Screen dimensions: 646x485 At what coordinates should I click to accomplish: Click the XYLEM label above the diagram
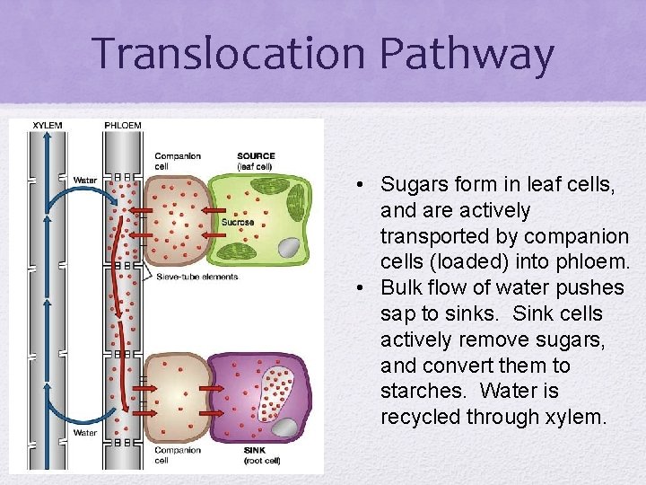click(x=48, y=125)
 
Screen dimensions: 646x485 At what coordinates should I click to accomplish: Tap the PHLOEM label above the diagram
click(x=123, y=125)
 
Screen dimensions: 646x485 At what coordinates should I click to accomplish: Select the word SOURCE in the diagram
click(x=257, y=155)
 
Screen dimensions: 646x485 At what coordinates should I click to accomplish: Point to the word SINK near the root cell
click(x=256, y=449)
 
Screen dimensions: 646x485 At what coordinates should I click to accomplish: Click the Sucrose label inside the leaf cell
click(x=238, y=222)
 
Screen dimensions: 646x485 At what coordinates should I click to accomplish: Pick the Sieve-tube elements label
click(x=196, y=277)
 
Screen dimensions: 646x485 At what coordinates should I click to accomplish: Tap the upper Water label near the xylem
click(x=85, y=180)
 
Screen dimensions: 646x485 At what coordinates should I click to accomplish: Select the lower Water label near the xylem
click(x=85, y=433)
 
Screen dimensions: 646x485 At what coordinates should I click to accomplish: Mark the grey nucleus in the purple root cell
click(x=285, y=427)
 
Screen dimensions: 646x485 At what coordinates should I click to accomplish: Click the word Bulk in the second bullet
click(x=400, y=288)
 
